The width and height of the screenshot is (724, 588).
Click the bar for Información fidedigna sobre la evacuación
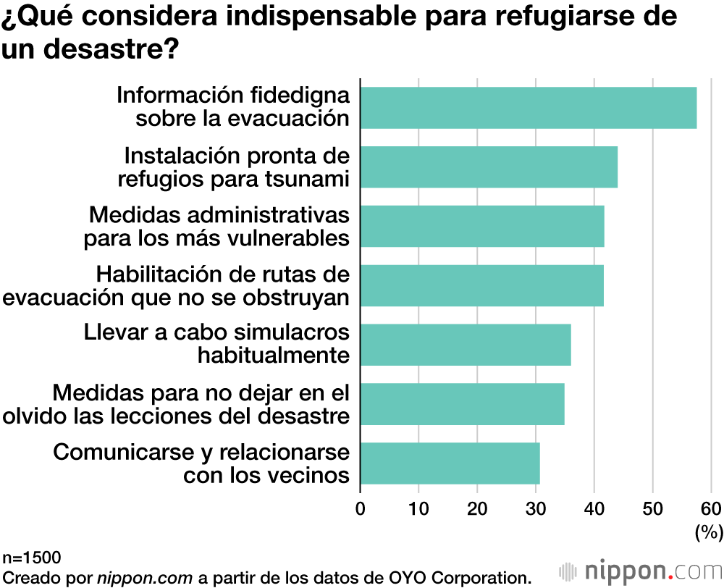click(x=529, y=108)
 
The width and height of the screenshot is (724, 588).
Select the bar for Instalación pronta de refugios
click(x=489, y=167)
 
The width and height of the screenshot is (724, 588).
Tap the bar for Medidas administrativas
click(x=482, y=227)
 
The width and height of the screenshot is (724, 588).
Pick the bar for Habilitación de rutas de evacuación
click(x=481, y=285)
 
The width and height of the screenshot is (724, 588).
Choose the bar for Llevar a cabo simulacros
click(x=466, y=345)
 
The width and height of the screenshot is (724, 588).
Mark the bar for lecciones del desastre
click(x=462, y=404)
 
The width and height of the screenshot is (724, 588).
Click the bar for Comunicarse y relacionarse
click(x=450, y=463)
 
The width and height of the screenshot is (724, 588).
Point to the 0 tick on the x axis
click(x=361, y=508)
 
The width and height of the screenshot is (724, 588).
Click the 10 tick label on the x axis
click(x=418, y=508)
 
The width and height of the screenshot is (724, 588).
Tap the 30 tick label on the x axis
click(x=536, y=508)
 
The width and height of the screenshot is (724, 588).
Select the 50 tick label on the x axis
click(x=652, y=508)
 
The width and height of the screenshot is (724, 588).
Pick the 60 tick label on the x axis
click(x=710, y=508)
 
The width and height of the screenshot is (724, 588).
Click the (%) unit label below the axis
click(x=709, y=533)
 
